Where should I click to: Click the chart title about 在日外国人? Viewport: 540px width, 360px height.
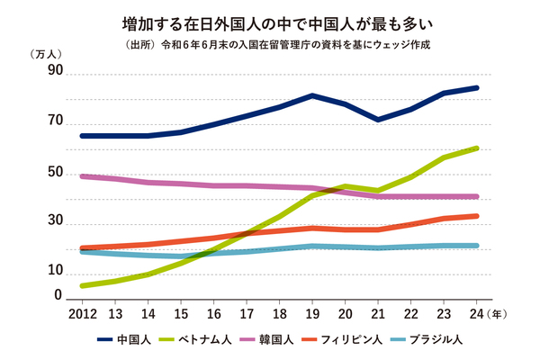[270, 20]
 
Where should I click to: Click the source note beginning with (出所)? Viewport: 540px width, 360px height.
[270, 42]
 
